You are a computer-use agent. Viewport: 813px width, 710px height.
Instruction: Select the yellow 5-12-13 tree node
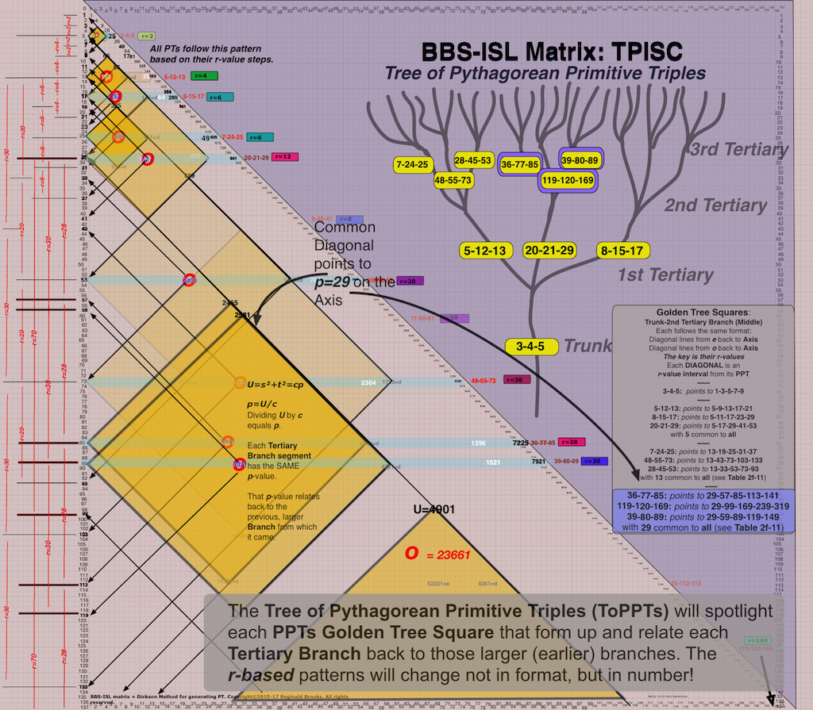484,251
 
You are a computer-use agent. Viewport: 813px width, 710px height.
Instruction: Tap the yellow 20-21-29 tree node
549,251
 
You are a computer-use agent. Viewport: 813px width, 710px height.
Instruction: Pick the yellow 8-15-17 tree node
623,251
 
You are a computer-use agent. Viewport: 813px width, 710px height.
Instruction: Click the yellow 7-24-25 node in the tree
411,165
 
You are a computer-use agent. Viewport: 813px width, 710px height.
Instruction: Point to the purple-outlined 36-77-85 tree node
520,165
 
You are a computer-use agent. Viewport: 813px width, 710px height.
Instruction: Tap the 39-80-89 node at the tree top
580,159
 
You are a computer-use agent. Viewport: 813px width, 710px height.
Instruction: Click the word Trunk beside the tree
587,346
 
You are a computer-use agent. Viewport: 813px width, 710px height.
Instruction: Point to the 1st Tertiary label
665,275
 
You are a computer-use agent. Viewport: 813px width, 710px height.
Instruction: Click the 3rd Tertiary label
738,150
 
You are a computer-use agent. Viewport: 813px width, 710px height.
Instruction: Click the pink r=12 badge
283,157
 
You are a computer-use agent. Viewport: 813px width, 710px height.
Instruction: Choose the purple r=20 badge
410,281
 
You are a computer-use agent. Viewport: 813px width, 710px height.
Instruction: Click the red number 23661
449,555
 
